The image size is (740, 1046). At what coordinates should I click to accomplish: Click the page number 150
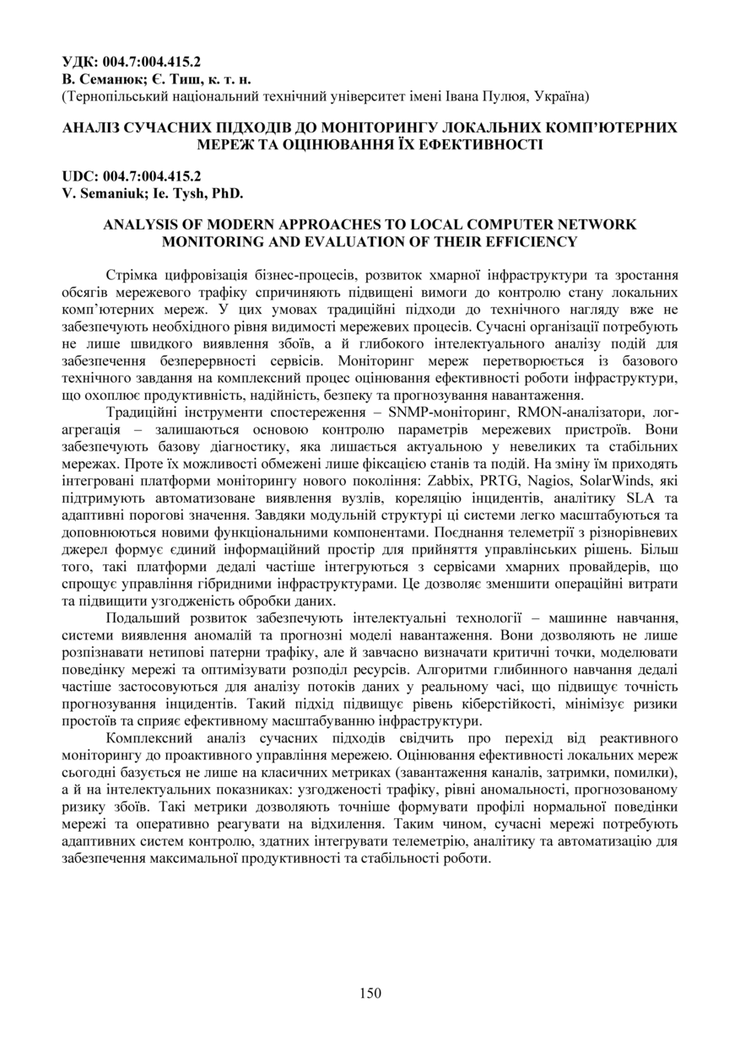(370, 993)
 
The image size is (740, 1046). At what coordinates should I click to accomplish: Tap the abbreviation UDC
(78, 176)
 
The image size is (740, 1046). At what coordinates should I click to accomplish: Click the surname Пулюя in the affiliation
(501, 96)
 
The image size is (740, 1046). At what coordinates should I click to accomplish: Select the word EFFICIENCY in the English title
(528, 242)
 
